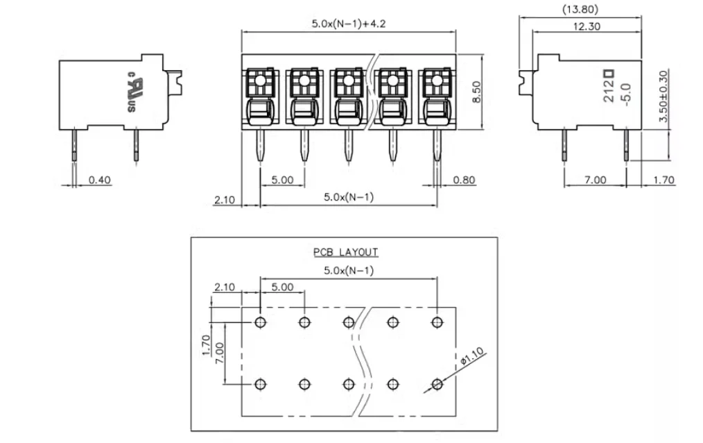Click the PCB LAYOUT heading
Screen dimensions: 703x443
[x=345, y=252]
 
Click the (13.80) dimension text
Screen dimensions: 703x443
[x=580, y=9]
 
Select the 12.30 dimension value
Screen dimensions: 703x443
[x=587, y=26]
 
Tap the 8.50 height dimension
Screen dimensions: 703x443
[x=476, y=92]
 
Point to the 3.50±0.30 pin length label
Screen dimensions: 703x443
[x=663, y=96]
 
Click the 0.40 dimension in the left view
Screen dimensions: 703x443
[x=100, y=180]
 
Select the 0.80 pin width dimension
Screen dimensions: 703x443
[x=464, y=180]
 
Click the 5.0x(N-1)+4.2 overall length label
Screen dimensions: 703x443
[x=348, y=24]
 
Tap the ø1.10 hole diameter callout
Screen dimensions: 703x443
[x=473, y=356]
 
